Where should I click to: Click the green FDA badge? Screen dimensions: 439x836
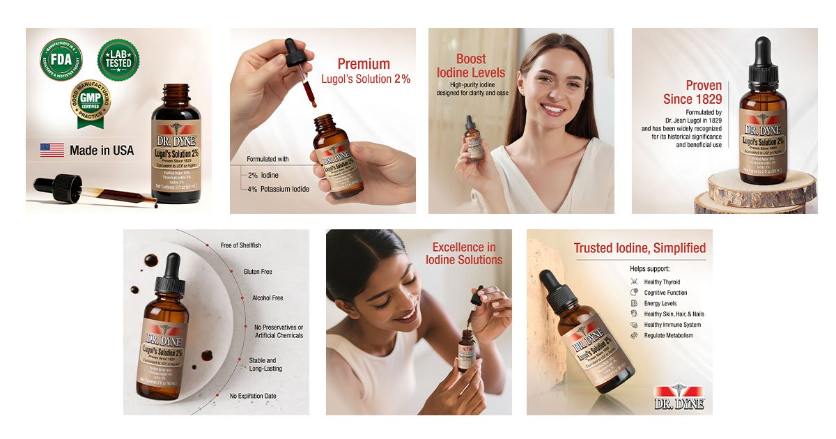coord(61,59)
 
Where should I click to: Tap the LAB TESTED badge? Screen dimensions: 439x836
coord(118,59)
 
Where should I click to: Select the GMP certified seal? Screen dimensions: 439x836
coord(91,102)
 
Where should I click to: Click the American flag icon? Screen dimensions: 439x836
coord(52,150)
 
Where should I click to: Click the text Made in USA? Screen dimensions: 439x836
coord(102,151)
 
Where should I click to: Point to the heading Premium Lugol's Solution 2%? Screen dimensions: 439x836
coord(365,71)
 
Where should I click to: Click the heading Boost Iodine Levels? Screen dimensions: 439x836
coord(471,66)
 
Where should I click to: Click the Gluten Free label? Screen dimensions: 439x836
coord(257,272)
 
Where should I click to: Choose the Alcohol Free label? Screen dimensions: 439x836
coord(268,298)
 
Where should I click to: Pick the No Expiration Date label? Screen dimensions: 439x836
coord(253,396)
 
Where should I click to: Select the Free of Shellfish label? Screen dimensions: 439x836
coord(240,245)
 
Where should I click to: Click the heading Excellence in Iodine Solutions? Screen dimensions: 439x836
coord(464,254)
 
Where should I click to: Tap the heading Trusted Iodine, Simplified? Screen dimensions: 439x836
coord(639,248)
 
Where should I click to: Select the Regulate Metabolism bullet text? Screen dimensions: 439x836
coord(668,335)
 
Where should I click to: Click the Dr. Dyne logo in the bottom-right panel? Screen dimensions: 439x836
coord(679,397)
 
